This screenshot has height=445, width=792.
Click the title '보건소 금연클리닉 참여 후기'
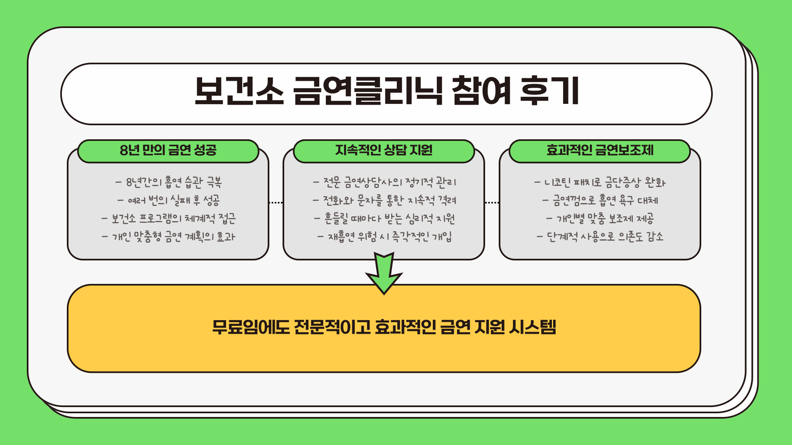(387, 91)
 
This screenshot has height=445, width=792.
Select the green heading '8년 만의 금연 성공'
(168, 150)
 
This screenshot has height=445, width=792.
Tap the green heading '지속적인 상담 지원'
(384, 150)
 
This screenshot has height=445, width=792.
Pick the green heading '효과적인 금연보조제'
(600, 150)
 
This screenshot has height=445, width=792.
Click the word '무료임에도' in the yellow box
(251, 327)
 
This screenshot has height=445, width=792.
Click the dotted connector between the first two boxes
(276, 203)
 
